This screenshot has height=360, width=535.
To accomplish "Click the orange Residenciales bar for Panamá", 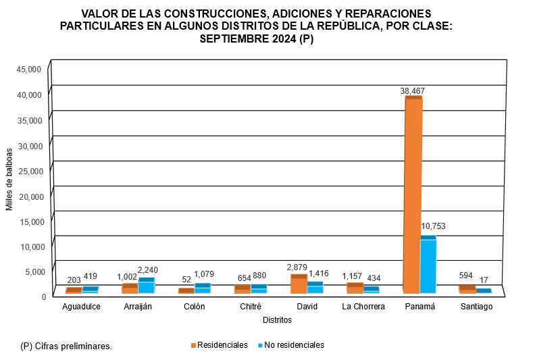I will (x=413, y=196).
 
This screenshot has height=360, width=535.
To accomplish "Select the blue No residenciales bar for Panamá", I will (x=428, y=266).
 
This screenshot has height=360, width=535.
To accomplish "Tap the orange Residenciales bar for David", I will (x=299, y=284).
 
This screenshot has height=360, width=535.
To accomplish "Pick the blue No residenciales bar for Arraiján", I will (x=147, y=286).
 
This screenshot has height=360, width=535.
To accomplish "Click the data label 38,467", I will (x=412, y=91).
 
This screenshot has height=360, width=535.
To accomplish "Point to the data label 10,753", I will (x=432, y=226).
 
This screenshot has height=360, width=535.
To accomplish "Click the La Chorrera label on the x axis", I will (x=363, y=307).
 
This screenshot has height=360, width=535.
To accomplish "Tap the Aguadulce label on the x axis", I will (x=82, y=307).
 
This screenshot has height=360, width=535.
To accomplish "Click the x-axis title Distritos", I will (x=277, y=319).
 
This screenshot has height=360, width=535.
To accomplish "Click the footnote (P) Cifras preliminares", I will (x=66, y=346).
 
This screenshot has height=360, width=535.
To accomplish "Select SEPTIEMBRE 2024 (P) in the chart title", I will (x=257, y=38).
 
